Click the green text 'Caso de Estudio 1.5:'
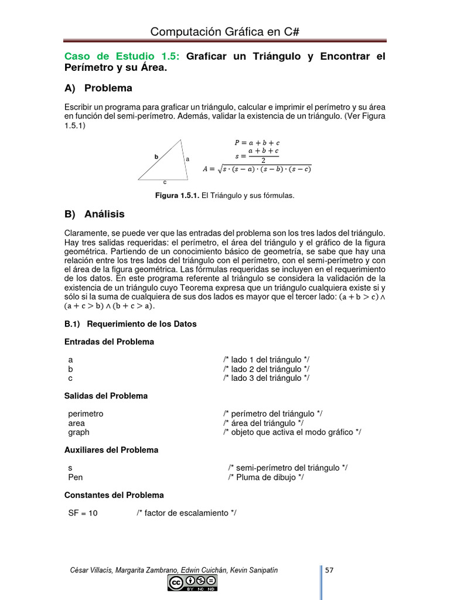pyautogui.click(x=124, y=57)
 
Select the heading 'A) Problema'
pyautogui.click(x=98, y=88)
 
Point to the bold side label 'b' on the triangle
pyautogui.click(x=156, y=156)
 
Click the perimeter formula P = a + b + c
pyautogui.click(x=257, y=142)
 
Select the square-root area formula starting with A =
pyautogui.click(x=257, y=169)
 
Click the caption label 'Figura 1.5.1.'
pyautogui.click(x=177, y=196)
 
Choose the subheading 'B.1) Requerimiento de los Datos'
pyautogui.click(x=130, y=324)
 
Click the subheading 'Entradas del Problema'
pyautogui.click(x=109, y=342)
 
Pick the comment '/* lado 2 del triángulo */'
pyautogui.click(x=266, y=369)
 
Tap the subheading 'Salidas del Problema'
pyautogui.click(x=105, y=396)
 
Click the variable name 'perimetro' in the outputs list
pyautogui.click(x=86, y=414)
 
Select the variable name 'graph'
pyautogui.click(x=79, y=432)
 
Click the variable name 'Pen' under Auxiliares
pyautogui.click(x=76, y=478)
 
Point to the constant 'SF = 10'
pyautogui.click(x=83, y=513)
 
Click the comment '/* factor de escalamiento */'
pyautogui.click(x=186, y=513)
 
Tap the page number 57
pyautogui.click(x=329, y=570)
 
